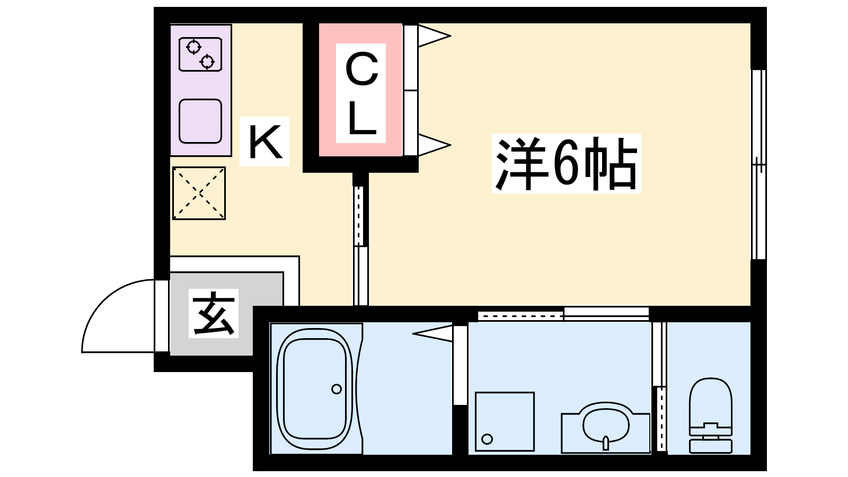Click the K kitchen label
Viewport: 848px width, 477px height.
(x=265, y=142)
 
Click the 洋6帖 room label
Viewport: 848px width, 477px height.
(x=566, y=164)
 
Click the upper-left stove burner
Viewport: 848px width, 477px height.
(x=194, y=47)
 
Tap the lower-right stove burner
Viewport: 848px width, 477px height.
(x=207, y=61)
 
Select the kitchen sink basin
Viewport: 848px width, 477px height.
(x=200, y=121)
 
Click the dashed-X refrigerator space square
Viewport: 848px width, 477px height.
(x=199, y=193)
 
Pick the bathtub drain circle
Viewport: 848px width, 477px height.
(x=336, y=389)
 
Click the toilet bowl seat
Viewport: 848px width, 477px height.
(x=711, y=401)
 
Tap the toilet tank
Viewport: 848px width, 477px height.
(x=711, y=446)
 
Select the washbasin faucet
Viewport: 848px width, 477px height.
(x=606, y=443)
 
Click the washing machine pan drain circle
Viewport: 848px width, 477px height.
(x=487, y=439)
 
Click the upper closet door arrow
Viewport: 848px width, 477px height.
(x=434, y=36)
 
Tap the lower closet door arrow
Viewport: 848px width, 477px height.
(x=434, y=145)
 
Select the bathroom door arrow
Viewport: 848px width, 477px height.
(x=432, y=333)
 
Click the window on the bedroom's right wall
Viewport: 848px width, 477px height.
(x=758, y=165)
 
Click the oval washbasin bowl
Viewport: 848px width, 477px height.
(x=606, y=425)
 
